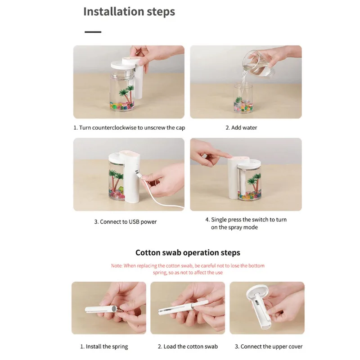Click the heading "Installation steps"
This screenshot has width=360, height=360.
pyautogui.click(x=129, y=12)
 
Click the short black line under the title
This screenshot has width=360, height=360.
pyautogui.click(x=93, y=32)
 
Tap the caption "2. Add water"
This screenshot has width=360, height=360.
pyautogui.click(x=241, y=128)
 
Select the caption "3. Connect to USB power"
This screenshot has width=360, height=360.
pyautogui.click(x=126, y=222)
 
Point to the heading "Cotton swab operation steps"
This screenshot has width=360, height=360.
pyautogui.click(x=188, y=252)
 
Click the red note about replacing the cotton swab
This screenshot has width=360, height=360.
pyautogui.click(x=188, y=269)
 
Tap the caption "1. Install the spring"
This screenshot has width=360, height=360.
pyautogui.click(x=104, y=346)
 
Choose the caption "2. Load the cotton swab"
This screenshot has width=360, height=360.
pyautogui.click(x=188, y=346)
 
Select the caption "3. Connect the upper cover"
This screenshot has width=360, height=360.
pyautogui.click(x=269, y=346)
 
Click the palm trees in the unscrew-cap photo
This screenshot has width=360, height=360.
pyautogui.click(x=126, y=94)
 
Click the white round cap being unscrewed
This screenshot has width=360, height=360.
pyautogui.click(x=123, y=64)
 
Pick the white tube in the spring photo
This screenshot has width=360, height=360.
pyautogui.click(x=100, y=310)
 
